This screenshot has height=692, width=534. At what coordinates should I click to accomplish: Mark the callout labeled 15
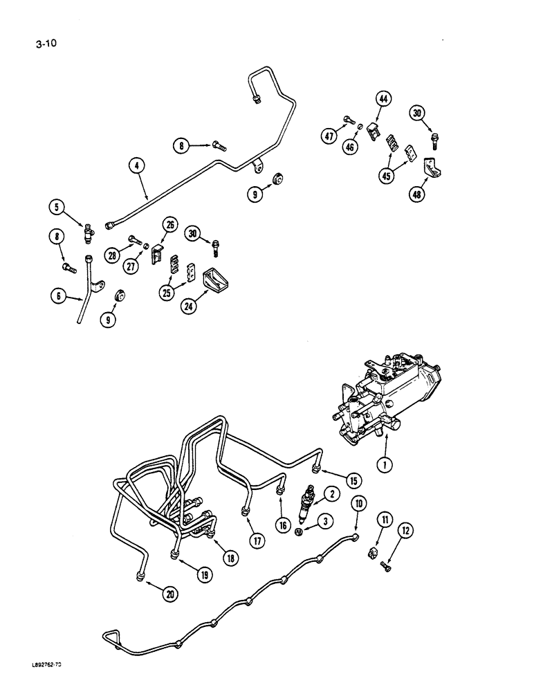pos(355,479)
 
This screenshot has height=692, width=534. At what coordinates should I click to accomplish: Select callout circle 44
pos(383,100)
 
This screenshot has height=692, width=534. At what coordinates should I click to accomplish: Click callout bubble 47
pos(330,137)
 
